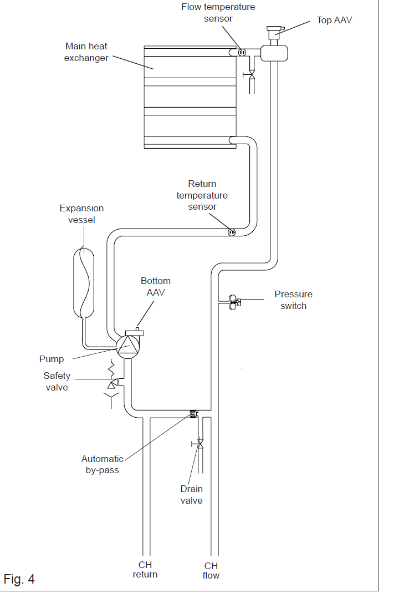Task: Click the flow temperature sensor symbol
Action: point(242,52)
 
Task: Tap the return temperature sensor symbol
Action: point(231,232)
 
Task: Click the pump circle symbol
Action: point(128,346)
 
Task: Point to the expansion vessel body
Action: point(84,282)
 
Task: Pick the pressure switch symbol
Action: point(234,302)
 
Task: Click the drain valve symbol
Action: point(200,444)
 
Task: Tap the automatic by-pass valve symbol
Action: point(193,413)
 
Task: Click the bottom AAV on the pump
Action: point(135,332)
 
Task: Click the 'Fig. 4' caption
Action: point(19,579)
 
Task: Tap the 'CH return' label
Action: point(145,570)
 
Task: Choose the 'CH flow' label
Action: point(211,571)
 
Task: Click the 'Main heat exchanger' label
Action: point(86,52)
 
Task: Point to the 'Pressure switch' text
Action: point(293,300)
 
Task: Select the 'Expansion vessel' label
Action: point(81,214)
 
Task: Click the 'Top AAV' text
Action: point(334,20)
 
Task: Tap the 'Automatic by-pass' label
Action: point(103,464)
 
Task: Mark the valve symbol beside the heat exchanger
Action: point(250,75)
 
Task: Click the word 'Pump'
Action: point(52,359)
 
